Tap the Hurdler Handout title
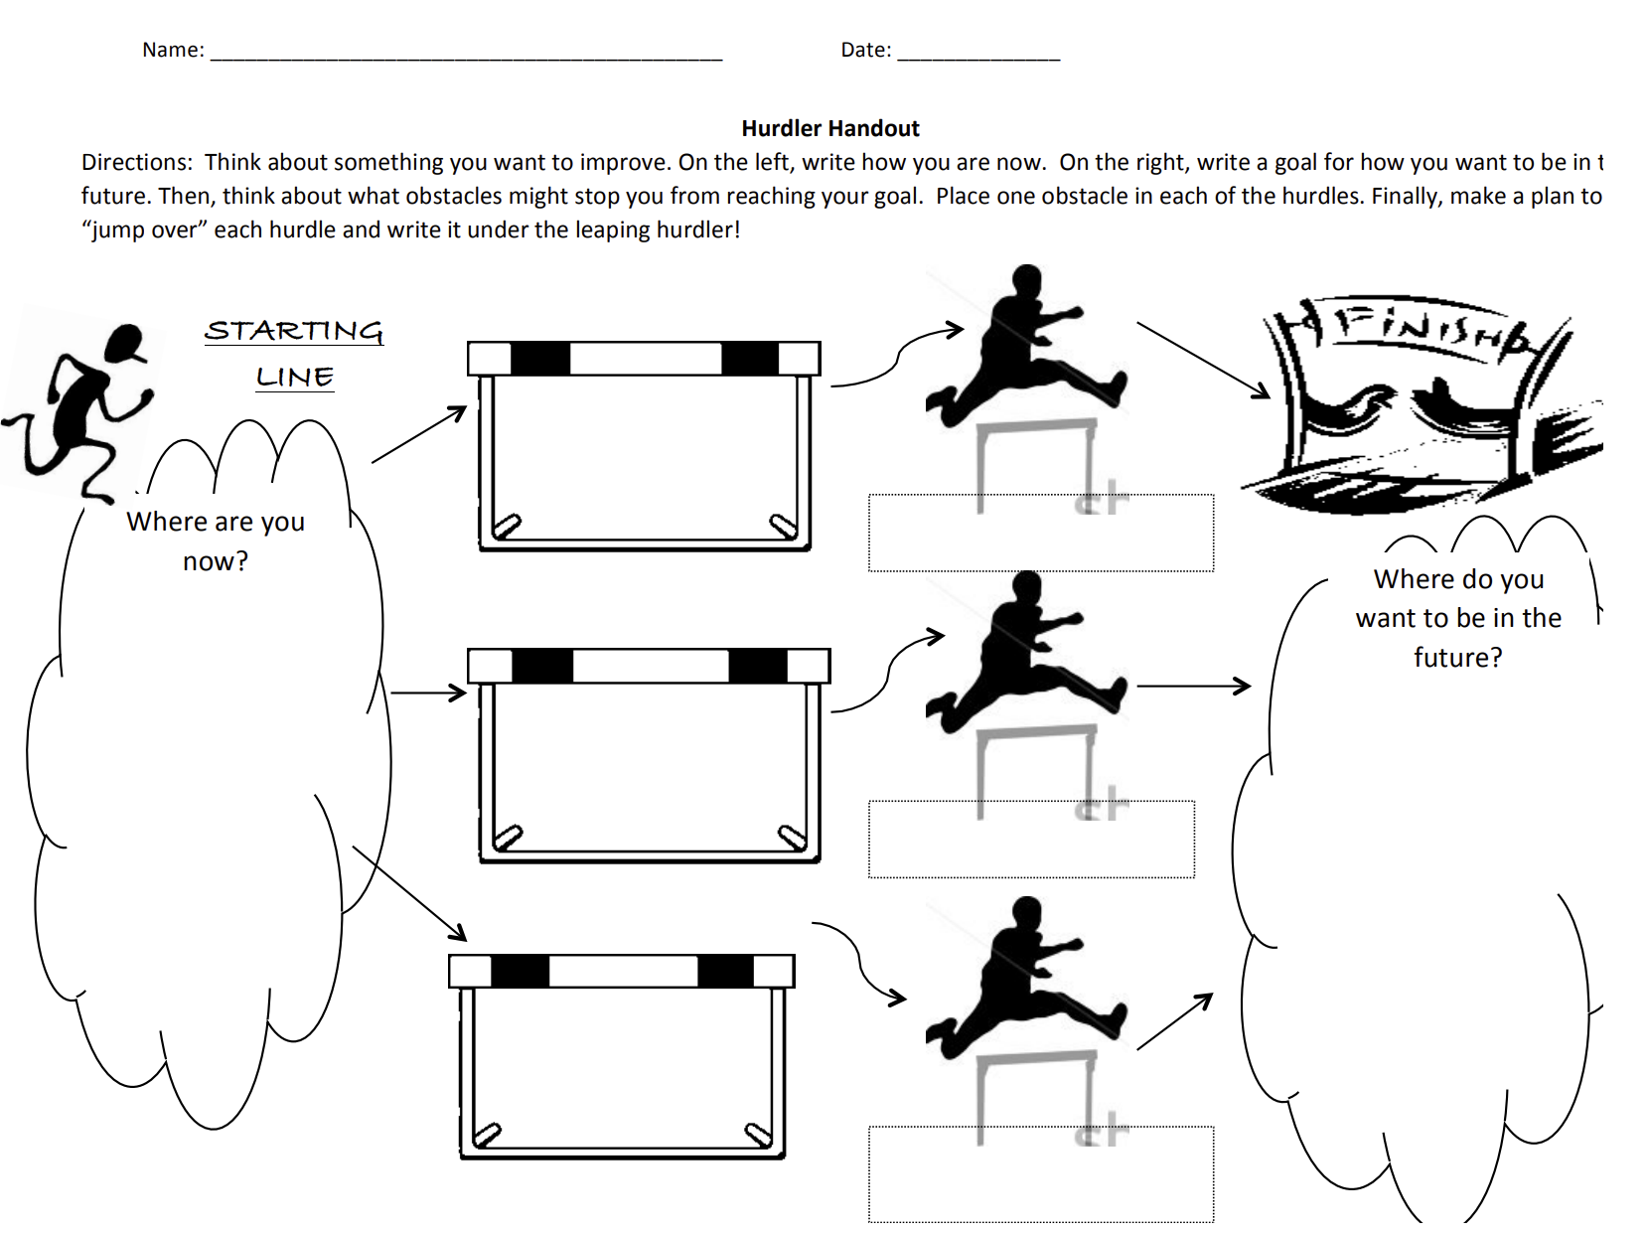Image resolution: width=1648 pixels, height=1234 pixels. (830, 128)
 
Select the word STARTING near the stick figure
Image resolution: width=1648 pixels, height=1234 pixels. (294, 331)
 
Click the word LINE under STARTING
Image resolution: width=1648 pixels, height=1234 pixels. (295, 378)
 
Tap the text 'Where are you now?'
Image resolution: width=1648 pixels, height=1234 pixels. (216, 540)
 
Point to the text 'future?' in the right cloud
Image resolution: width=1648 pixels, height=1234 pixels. (1457, 657)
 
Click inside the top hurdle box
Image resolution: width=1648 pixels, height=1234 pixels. (644, 457)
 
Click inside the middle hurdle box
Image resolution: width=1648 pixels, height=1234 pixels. (651, 765)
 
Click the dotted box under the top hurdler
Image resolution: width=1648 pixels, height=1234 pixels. (1040, 533)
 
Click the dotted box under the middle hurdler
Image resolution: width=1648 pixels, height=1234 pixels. (1031, 840)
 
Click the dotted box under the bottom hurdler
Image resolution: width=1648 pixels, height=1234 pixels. (1040, 1173)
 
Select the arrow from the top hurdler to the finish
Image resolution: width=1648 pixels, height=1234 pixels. (1203, 360)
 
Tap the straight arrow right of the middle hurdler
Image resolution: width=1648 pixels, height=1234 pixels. (1192, 686)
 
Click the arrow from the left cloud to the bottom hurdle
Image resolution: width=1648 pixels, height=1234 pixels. (409, 892)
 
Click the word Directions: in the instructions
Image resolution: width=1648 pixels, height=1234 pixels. (136, 162)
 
